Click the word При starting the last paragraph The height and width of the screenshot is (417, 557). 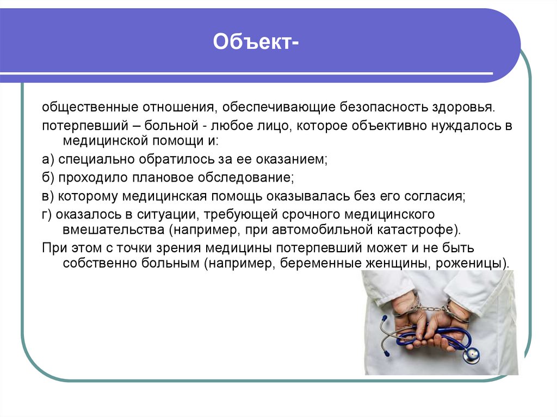pyautogui.click(x=53, y=248)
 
